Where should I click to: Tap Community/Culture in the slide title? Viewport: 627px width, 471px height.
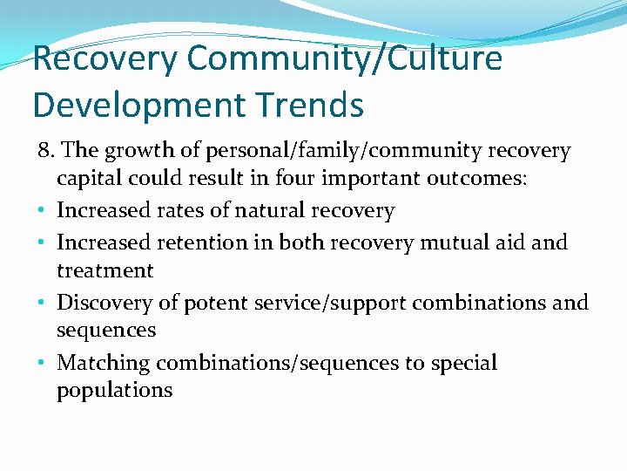pos(344,58)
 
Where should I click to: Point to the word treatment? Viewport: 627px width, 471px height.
pos(105,271)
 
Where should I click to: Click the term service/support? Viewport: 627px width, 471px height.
pos(331,303)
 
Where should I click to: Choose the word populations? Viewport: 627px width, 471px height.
pos(115,391)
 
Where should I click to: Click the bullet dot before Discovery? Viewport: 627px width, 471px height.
pos(43,304)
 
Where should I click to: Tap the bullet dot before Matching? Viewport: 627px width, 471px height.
pos(43,364)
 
